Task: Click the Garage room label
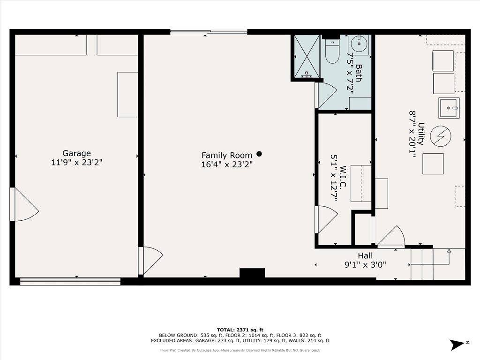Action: tap(77, 153)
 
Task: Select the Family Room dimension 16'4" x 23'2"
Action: tap(227, 165)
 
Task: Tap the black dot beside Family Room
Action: tap(259, 154)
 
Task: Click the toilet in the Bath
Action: tap(332, 53)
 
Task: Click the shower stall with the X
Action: tap(306, 56)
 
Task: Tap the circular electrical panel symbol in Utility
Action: tap(440, 136)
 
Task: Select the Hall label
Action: tap(366, 255)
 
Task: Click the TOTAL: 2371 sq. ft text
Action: tap(240, 330)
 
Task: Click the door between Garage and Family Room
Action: tap(151, 260)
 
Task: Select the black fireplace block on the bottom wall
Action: tap(252, 273)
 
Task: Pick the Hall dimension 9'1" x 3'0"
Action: tap(366, 264)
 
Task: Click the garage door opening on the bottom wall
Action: tap(70, 281)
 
